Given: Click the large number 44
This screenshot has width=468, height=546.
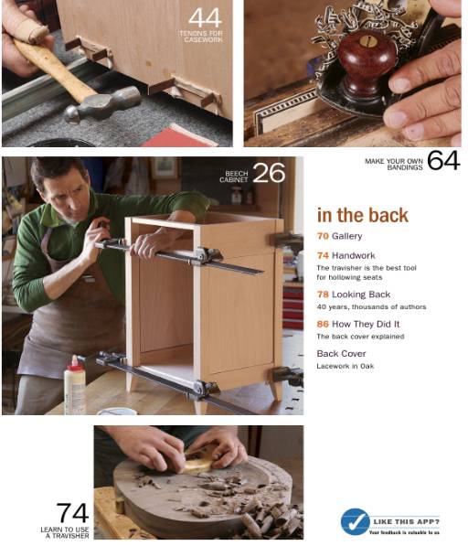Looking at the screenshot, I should click(205, 18).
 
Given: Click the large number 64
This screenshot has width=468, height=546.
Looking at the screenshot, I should click(442, 161).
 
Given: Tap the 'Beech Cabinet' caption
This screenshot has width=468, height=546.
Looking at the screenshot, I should click(236, 176).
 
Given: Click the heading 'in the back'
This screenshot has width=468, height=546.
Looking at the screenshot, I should click(362, 216).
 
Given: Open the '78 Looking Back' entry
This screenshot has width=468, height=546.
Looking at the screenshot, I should click(353, 294).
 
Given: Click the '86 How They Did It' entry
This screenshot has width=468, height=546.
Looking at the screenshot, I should click(357, 324).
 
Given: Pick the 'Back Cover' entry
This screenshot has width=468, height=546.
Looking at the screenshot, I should click(341, 353).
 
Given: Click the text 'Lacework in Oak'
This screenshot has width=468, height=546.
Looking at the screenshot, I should click(346, 366).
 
